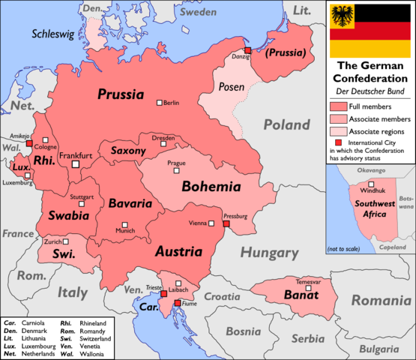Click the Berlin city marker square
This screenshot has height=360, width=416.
click(x=159, y=103)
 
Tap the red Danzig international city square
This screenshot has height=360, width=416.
click(x=247, y=50)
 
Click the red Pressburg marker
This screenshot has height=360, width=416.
click(x=226, y=223)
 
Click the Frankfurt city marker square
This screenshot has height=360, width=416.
click(x=75, y=164)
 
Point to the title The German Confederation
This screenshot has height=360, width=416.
click(x=370, y=72)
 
